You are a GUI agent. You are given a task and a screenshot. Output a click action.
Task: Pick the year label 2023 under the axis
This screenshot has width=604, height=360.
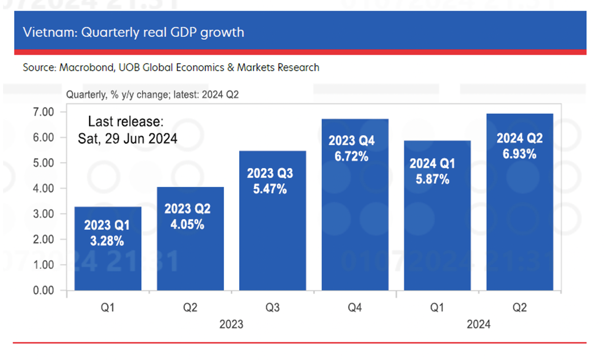(x=231, y=324)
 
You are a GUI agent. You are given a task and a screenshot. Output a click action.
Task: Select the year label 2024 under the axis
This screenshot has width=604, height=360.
(x=478, y=324)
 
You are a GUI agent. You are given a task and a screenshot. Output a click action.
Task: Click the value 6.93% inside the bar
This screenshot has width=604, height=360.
(x=519, y=154)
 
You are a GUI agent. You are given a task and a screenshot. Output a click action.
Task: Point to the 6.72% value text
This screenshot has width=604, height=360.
(x=351, y=156)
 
